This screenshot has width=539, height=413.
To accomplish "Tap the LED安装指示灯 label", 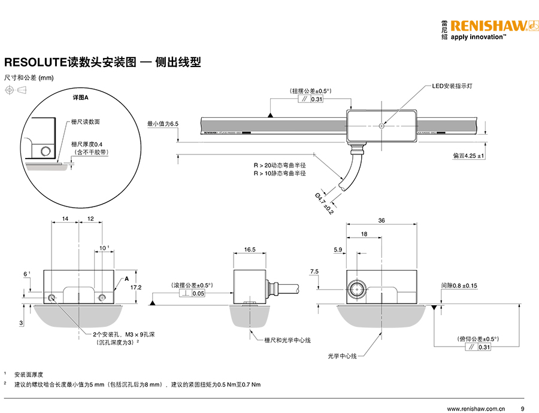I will pos(453,86).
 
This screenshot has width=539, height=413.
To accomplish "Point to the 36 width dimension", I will pos(382,220).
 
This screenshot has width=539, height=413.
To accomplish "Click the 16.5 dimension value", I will pos(250,250).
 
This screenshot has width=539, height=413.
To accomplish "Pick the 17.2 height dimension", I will pos(136,287).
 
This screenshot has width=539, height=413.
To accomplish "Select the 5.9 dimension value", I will pos(337,249).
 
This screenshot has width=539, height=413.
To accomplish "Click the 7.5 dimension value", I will pos(314,272).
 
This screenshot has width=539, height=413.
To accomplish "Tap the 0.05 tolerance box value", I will pos(198,294).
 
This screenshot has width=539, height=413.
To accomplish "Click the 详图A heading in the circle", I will pos(80,98).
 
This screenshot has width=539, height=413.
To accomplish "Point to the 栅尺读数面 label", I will pos(86,122).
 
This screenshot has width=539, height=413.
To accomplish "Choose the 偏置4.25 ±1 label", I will pos(468,156).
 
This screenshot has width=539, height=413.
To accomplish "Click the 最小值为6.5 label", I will pos(163,124).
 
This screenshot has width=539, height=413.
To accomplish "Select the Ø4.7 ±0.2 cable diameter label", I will pos(324,204).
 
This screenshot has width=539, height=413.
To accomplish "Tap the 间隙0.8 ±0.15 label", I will pos(459,286).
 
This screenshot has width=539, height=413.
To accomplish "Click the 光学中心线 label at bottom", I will pos(342,356).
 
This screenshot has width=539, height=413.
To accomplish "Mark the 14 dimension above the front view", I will pos(65,219).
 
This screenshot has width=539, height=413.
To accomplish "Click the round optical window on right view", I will pos(358,289).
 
